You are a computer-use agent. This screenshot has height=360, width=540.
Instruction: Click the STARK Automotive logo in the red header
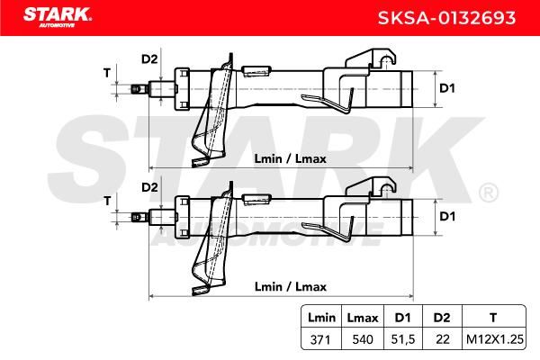58,17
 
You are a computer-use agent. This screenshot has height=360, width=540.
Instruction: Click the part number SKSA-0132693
446,18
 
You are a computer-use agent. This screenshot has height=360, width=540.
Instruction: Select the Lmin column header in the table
321,318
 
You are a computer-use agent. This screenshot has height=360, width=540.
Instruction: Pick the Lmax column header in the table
363,318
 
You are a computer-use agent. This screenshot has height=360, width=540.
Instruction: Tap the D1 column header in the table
402,318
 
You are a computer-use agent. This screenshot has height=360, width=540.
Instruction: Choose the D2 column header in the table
442,318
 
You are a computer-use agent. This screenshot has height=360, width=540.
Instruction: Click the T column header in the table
493,318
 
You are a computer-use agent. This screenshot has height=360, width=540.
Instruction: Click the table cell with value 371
320,339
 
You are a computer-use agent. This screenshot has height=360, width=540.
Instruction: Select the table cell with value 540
363,339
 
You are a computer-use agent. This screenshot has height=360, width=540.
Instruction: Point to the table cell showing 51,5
403,339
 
